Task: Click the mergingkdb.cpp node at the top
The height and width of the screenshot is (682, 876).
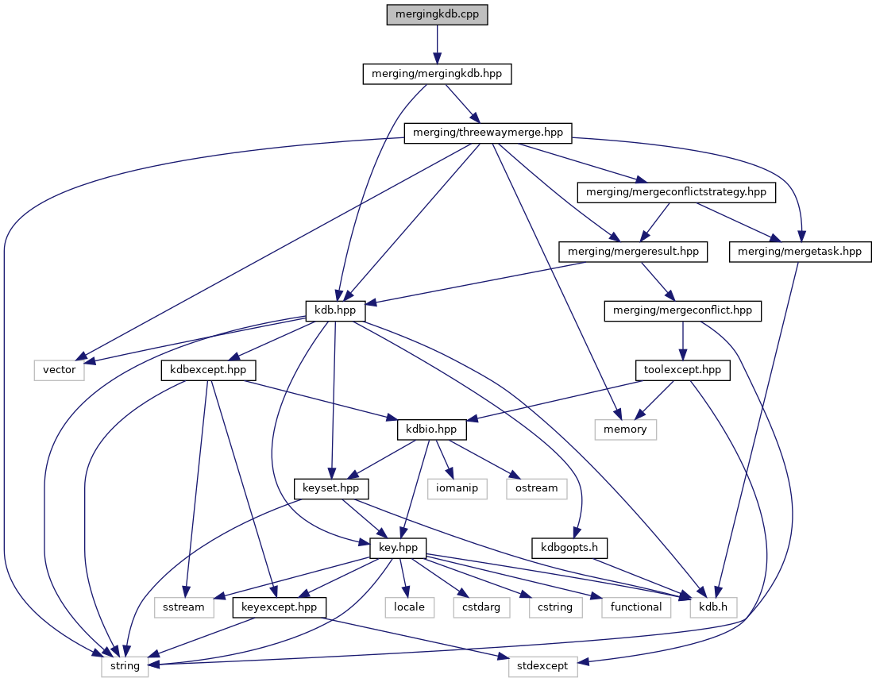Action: pyautogui.click(x=437, y=15)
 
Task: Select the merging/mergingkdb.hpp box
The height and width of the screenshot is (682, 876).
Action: pyautogui.click(x=437, y=75)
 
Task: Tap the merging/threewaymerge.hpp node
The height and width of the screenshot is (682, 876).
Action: pyautogui.click(x=488, y=133)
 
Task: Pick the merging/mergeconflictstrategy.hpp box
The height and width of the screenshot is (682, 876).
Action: pyautogui.click(x=676, y=192)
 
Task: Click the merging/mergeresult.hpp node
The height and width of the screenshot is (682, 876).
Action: pyautogui.click(x=633, y=252)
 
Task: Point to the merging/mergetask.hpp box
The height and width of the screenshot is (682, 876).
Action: pyautogui.click(x=800, y=252)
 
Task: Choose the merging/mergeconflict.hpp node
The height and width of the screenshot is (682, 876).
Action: pyautogui.click(x=683, y=310)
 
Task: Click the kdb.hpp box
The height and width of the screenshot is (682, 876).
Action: pyautogui.click(x=335, y=310)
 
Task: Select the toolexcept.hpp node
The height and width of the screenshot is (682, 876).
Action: pyautogui.click(x=682, y=370)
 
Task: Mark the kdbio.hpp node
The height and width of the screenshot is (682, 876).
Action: pyautogui.click(x=431, y=430)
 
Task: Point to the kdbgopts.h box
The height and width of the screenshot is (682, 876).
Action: pyautogui.click(x=569, y=548)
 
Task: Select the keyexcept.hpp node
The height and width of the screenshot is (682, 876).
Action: pyautogui.click(x=279, y=607)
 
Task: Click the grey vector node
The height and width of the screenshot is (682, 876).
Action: pyautogui.click(x=59, y=370)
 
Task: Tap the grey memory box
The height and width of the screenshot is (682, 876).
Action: pyautogui.click(x=626, y=430)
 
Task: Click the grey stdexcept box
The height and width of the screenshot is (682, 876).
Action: pyautogui.click(x=543, y=666)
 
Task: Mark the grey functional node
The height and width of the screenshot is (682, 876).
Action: pyautogui.click(x=636, y=607)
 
